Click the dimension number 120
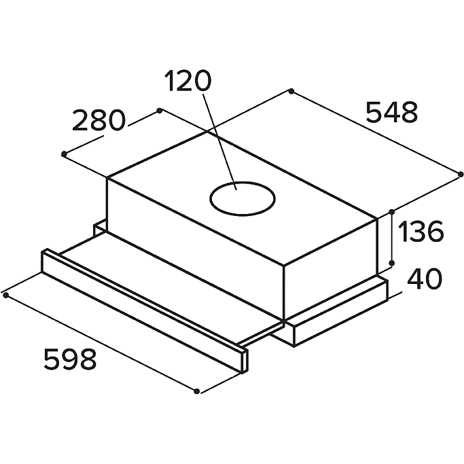pyautogui.click(x=188, y=80)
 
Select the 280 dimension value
pyautogui.click(x=99, y=120)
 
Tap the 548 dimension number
pyautogui.click(x=392, y=112)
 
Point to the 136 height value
pyautogui.click(x=421, y=231)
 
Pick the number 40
pyautogui.click(x=425, y=279)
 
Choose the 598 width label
pyautogui.click(x=70, y=359)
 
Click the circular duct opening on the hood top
pyautogui.click(x=243, y=182)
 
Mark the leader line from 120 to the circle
pyautogui.click(x=219, y=142)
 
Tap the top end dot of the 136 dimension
pyautogui.click(x=392, y=212)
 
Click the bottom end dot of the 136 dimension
pyautogui.click(x=392, y=263)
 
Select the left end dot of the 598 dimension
pyautogui.click(x=5, y=295)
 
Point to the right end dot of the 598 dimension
pyautogui.click(x=196, y=391)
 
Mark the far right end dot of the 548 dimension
pyautogui.click(x=461, y=175)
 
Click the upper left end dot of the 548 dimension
pyautogui.click(x=291, y=91)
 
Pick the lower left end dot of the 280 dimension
pyautogui.click(x=64, y=154)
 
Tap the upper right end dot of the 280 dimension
pyautogui.click(x=160, y=111)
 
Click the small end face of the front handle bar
pyautogui.click(x=245, y=361)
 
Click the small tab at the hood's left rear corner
pyautogui.click(x=100, y=228)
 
